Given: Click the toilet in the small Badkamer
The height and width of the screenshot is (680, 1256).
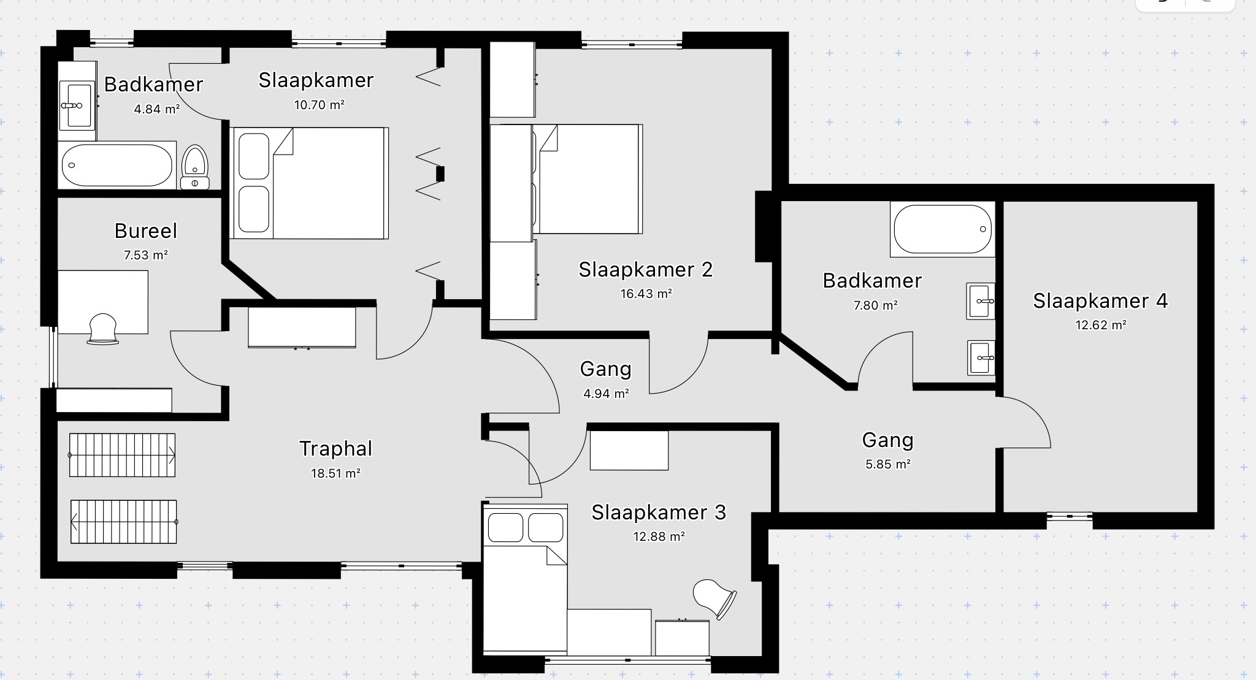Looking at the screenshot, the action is pyautogui.click(x=196, y=167).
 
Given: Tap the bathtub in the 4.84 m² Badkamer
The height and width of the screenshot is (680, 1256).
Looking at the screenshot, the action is pyautogui.click(x=117, y=165).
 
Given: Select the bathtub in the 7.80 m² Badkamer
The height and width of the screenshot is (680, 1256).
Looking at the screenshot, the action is pyautogui.click(x=943, y=229).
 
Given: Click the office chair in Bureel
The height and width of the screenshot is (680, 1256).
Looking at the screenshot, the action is pyautogui.click(x=103, y=329).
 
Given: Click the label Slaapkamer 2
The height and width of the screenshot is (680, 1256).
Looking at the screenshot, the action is pyautogui.click(x=646, y=270).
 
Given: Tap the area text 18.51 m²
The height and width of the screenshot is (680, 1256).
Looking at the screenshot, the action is pyautogui.click(x=335, y=473).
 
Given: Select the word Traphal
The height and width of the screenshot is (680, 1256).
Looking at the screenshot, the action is pyautogui.click(x=335, y=449).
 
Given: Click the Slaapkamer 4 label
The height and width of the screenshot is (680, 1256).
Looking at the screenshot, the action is pyautogui.click(x=1100, y=301).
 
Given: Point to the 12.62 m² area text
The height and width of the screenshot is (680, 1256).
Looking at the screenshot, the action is pyautogui.click(x=1101, y=325).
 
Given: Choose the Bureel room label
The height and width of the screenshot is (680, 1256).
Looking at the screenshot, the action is pyautogui.click(x=146, y=231).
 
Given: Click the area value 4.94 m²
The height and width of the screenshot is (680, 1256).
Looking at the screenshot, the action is pyautogui.click(x=606, y=394).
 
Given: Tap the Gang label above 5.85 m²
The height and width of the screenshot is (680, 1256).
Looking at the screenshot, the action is pyautogui.click(x=887, y=440).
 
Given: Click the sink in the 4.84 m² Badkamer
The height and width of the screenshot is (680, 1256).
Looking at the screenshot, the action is pyautogui.click(x=78, y=105).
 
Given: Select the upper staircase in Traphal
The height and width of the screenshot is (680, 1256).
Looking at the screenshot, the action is pyautogui.click(x=122, y=455).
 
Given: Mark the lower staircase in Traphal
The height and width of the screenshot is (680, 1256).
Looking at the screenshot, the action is pyautogui.click(x=123, y=522).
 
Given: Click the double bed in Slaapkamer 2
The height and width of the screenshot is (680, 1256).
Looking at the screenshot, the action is pyautogui.click(x=588, y=179).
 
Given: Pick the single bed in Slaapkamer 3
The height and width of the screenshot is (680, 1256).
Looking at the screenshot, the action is pyautogui.click(x=525, y=578).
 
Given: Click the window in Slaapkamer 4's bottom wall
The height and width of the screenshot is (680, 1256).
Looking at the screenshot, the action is pyautogui.click(x=1070, y=516).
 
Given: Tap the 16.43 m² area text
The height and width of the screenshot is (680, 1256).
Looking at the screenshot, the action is pyautogui.click(x=646, y=294).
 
